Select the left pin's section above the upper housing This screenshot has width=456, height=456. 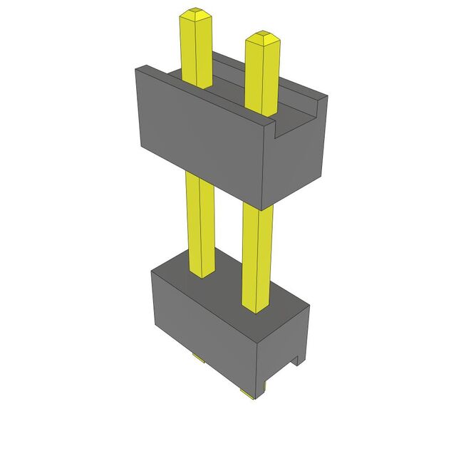[197, 50]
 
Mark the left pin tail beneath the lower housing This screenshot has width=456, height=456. [197, 358]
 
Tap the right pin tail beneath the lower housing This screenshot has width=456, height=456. [247, 393]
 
